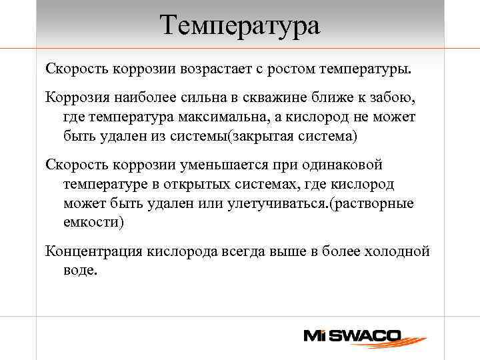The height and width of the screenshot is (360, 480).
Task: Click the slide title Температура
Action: coord(240,26)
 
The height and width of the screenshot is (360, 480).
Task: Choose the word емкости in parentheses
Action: coord(93,222)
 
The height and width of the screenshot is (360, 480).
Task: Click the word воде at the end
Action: coord(81,271)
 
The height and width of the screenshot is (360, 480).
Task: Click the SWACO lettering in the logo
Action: coord(363,335)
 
